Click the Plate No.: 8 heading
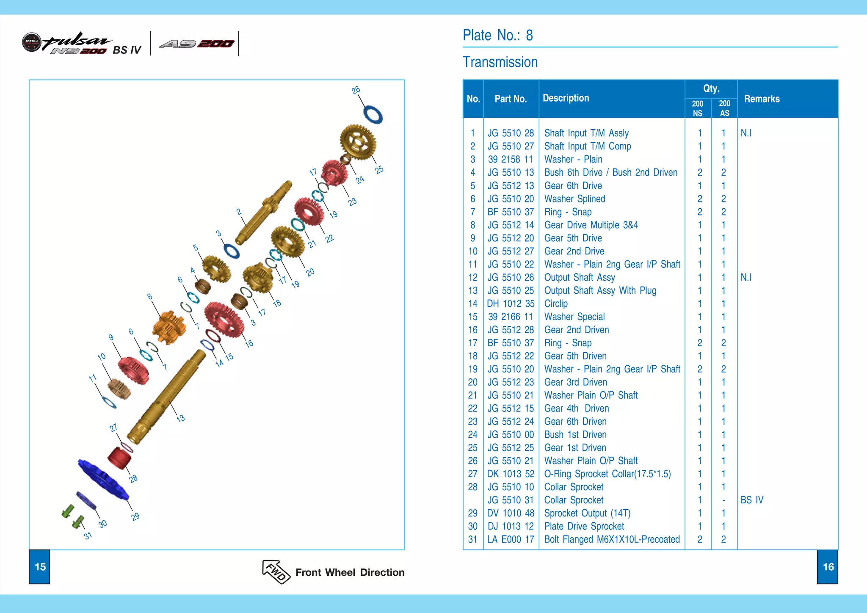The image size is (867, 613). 497,35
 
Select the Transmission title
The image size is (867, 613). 500,62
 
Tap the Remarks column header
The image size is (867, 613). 762,99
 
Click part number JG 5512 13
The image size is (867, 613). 511,185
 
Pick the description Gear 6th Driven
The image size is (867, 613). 575,421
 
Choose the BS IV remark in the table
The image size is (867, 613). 752,500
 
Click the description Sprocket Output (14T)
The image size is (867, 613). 587,513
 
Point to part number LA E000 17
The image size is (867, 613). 511,539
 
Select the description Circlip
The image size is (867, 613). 556,304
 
